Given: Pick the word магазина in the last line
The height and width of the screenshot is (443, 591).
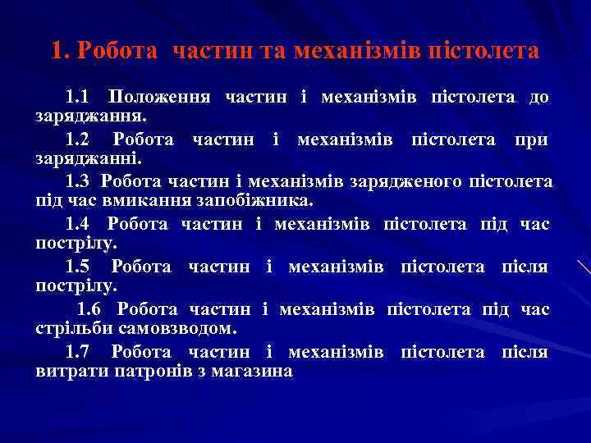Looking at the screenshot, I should point(255,371).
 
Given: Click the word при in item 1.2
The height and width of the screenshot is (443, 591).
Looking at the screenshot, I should point(533,139).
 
